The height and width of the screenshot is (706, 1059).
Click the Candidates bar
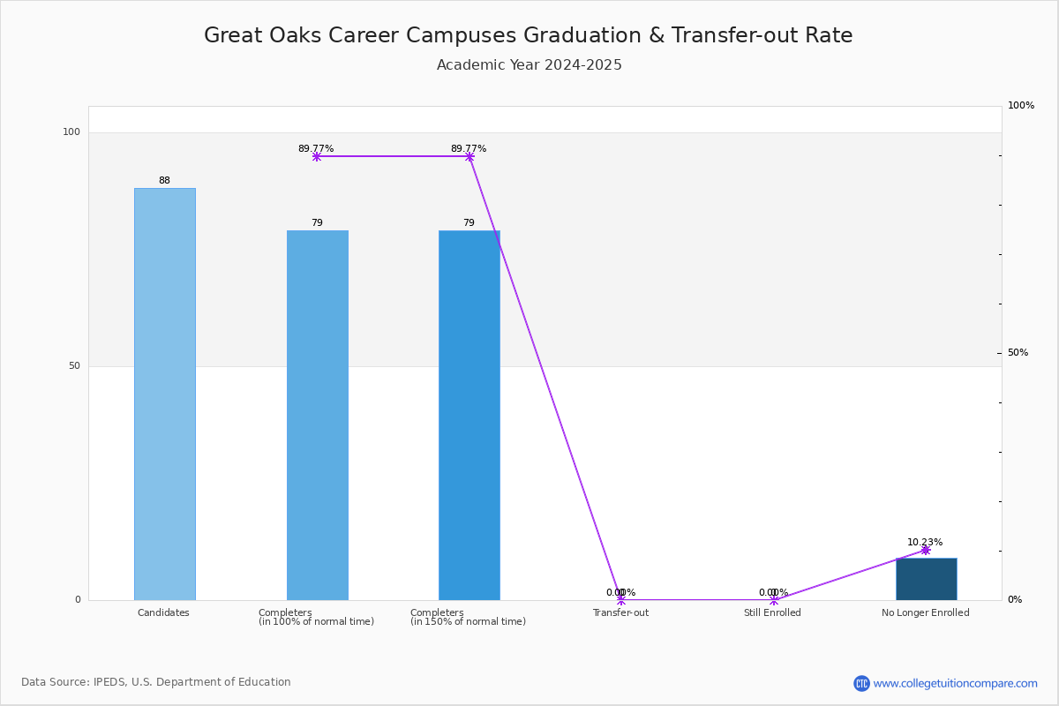pyautogui.click(x=165, y=394)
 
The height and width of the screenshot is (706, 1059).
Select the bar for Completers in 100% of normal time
pyautogui.click(x=318, y=415)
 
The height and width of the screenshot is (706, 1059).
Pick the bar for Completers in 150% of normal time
pyautogui.click(x=469, y=415)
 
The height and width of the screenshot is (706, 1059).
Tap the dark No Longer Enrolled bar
pyautogui.click(x=927, y=579)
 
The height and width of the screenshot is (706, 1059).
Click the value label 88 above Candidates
pyautogui.click(x=164, y=180)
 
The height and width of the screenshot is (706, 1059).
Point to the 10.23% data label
pyautogui.click(x=925, y=542)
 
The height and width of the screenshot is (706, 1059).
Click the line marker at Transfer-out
pyautogui.click(x=621, y=599)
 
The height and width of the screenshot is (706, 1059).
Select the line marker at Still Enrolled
pyautogui.click(x=774, y=599)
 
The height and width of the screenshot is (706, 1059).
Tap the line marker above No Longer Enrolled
pyautogui.click(x=926, y=550)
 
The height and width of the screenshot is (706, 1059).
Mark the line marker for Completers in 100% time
pyautogui.click(x=317, y=156)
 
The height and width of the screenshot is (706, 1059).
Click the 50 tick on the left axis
pyautogui.click(x=75, y=365)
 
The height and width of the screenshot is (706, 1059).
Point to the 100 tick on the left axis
pyautogui.click(x=71, y=131)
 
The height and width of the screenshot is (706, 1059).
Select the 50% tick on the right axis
pyautogui.click(x=1018, y=352)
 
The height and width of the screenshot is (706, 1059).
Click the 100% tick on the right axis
pyautogui.click(x=1021, y=105)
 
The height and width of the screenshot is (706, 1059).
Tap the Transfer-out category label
pyautogui.click(x=620, y=612)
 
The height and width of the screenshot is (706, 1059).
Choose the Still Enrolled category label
pyautogui.click(x=772, y=612)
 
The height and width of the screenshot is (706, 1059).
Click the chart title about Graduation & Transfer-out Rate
pyautogui.click(x=528, y=35)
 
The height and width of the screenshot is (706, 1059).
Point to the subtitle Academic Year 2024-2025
pyautogui.click(x=529, y=64)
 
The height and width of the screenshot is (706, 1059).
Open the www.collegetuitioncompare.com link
pyautogui.click(x=955, y=683)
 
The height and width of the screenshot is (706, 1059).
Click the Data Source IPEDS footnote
pyautogui.click(x=156, y=682)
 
